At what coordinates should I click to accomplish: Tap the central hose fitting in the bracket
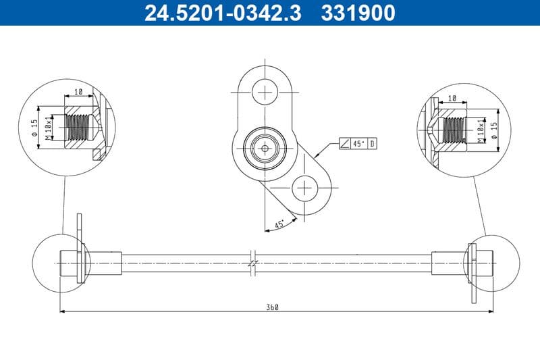coord(265,147)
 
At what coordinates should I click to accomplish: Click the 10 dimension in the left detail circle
coord(78,91)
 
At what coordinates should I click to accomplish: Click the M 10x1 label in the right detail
coord(480,131)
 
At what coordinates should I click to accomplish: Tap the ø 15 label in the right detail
coord(495,131)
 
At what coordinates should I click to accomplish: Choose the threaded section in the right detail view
coord(452,130)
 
